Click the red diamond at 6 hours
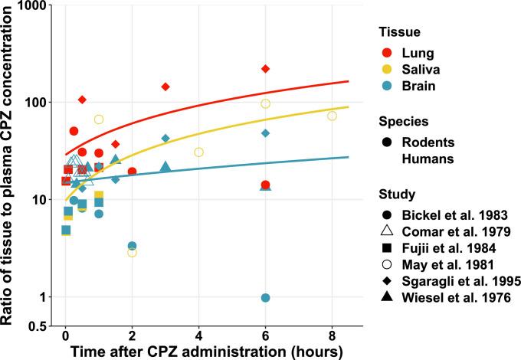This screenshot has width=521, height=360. pyautogui.click(x=265, y=69)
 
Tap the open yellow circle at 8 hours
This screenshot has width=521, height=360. pyautogui.click(x=332, y=116)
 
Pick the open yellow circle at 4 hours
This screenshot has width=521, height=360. pyautogui.click(x=198, y=152)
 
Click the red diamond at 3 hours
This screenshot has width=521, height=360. pyautogui.click(x=165, y=87)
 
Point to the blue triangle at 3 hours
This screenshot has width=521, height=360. pyautogui.click(x=165, y=166)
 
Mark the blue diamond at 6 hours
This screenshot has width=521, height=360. pyautogui.click(x=265, y=133)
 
